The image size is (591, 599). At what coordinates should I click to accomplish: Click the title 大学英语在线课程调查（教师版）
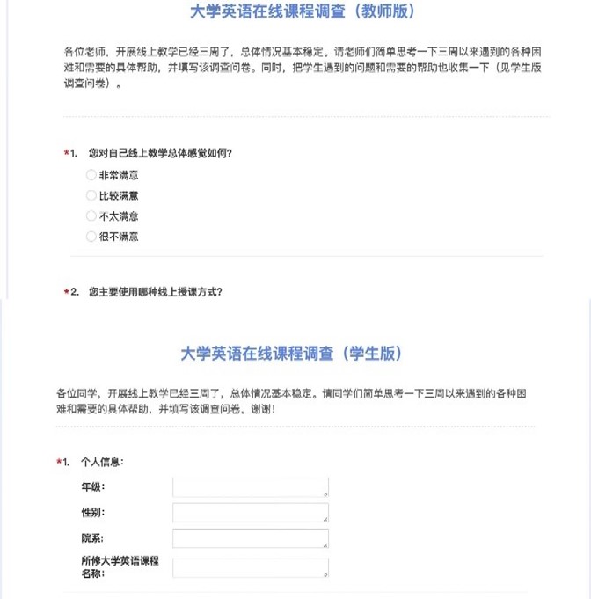(x=302, y=12)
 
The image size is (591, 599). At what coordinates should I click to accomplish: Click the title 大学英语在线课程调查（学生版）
(x=292, y=353)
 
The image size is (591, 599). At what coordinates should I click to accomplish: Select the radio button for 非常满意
(x=91, y=175)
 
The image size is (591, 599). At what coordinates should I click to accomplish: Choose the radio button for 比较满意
(x=91, y=195)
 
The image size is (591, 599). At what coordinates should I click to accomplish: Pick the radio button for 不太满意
(x=91, y=215)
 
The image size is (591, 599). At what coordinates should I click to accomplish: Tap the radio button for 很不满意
(x=91, y=237)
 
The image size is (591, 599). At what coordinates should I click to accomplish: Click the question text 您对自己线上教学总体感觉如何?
(x=160, y=154)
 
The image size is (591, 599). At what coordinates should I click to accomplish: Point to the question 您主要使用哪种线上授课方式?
(x=155, y=291)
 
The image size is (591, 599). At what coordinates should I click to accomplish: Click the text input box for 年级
(x=251, y=487)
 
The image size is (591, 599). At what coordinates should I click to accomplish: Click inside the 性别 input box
(x=251, y=513)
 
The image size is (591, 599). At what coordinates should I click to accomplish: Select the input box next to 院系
(x=251, y=538)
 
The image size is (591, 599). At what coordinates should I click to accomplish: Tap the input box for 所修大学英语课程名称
(x=251, y=567)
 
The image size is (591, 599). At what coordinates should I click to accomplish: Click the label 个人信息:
(x=102, y=461)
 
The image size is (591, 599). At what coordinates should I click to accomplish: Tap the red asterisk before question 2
(x=66, y=292)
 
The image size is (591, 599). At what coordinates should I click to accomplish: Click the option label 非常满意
(x=119, y=175)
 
